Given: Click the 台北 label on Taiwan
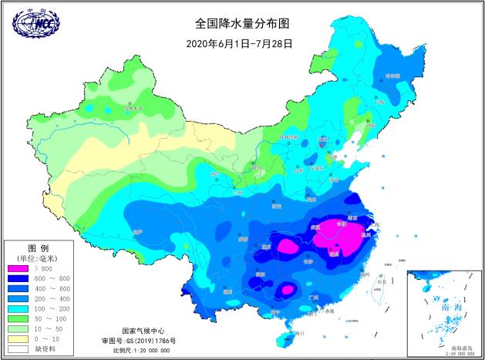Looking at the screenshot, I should click(x=379, y=282).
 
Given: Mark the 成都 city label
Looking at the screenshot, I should click(x=243, y=239).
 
